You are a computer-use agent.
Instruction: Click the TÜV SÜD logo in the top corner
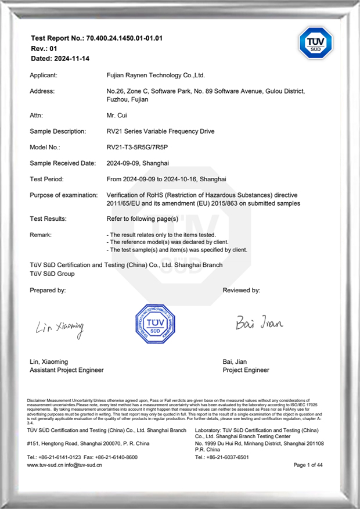(x=315, y=42)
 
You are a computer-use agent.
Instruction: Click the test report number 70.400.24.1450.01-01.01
(x=124, y=38)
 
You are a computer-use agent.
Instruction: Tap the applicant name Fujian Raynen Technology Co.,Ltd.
(x=156, y=76)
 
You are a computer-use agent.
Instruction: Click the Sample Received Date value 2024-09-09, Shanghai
(x=138, y=163)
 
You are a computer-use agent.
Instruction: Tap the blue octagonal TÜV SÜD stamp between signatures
(x=155, y=324)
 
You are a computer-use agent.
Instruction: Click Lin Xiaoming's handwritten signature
(x=59, y=328)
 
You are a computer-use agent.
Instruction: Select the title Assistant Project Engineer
(x=66, y=370)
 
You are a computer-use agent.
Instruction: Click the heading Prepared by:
(x=48, y=290)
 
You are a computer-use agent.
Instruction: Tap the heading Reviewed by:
(x=241, y=290)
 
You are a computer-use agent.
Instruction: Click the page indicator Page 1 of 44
(x=308, y=465)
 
